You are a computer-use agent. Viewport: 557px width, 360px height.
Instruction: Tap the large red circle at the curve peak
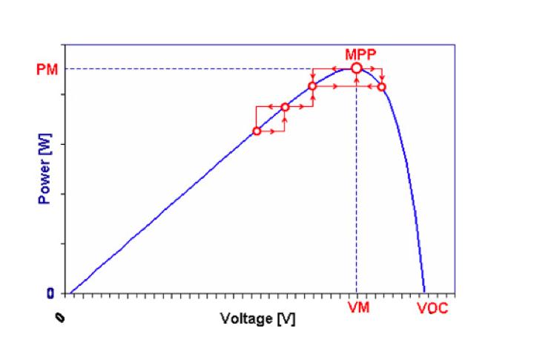pyautogui.click(x=357, y=68)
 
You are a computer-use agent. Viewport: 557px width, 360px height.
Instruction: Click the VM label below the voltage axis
pyautogui.click(x=359, y=307)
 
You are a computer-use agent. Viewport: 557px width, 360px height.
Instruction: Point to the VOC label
pyautogui.click(x=432, y=307)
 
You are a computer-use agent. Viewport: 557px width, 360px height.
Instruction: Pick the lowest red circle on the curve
pyautogui.click(x=257, y=131)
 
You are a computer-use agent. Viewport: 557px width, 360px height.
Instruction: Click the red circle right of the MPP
pyautogui.click(x=382, y=87)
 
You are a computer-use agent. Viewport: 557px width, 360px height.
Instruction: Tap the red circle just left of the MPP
pyautogui.click(x=312, y=86)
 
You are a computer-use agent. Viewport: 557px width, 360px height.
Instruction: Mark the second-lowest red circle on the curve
pyautogui.click(x=285, y=107)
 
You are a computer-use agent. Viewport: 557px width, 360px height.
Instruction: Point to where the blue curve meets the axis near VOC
pyautogui.click(x=424, y=292)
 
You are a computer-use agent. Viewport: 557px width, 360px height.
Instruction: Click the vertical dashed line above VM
pyautogui.click(x=357, y=186)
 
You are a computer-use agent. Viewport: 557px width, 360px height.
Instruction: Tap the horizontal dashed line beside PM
pyautogui.click(x=185, y=69)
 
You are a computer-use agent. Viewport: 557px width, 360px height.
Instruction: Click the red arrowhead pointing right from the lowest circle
pyautogui.click(x=273, y=131)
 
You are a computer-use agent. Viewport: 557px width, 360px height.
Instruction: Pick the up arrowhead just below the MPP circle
pyautogui.click(x=357, y=78)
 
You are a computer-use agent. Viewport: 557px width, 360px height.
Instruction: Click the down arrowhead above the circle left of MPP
pyautogui.click(x=312, y=77)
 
